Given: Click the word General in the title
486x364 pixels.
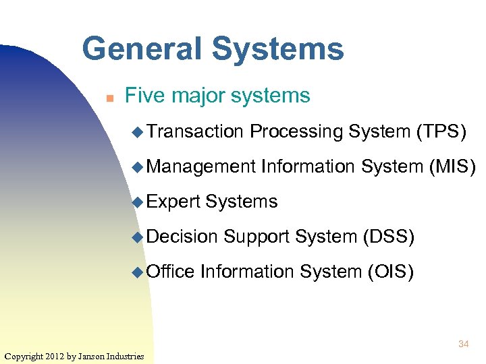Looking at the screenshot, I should (x=140, y=49).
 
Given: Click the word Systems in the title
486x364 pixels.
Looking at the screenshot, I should (x=277, y=49).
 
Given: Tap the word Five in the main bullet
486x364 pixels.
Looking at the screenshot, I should (x=145, y=96).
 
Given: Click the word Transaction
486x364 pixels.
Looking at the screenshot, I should (x=194, y=131).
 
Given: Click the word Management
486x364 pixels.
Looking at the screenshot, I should (x=201, y=166).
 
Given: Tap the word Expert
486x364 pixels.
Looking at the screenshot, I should (x=173, y=202).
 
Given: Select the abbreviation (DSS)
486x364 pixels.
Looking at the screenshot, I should (x=389, y=237).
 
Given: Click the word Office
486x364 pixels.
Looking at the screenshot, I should (x=170, y=272).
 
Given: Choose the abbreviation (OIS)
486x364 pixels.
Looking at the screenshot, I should (x=390, y=272).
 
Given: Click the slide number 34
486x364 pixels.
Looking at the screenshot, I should (x=463, y=344).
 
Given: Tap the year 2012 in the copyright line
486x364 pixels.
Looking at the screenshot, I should (x=54, y=355).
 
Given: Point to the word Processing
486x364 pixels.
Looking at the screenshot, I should (x=296, y=131).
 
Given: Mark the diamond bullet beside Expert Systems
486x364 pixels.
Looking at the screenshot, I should (x=138, y=202).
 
